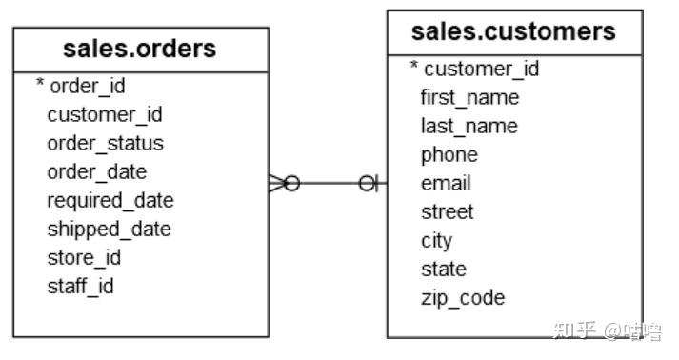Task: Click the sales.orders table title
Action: tap(140, 48)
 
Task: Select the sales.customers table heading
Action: tap(513, 31)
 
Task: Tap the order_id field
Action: tap(87, 87)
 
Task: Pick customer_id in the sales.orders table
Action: tap(105, 115)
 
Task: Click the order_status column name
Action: tap(105, 144)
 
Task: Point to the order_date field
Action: tap(96, 172)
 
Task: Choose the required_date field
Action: tap(110, 201)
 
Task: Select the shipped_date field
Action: tap(109, 230)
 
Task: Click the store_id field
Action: tap(84, 258)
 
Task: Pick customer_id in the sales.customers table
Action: tap(481, 69)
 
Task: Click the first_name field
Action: tap(469, 97)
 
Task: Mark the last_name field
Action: tap(469, 126)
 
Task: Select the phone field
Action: tap(449, 154)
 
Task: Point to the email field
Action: tap(446, 183)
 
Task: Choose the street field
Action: tap(447, 211)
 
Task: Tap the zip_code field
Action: tap(462, 297)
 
